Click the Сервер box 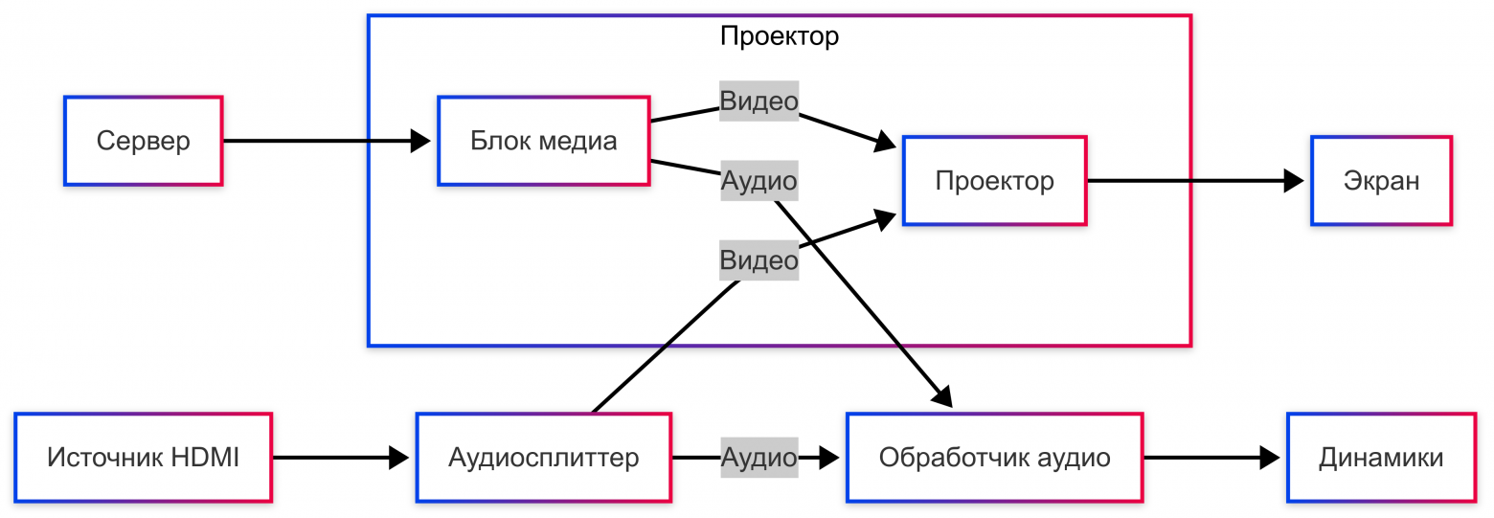click(x=143, y=141)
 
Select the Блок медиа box click(x=543, y=141)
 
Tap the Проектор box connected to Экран click(x=994, y=181)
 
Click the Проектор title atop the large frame click(x=779, y=36)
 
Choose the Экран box click(x=1381, y=181)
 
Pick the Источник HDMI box click(x=143, y=458)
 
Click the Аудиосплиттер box click(x=543, y=458)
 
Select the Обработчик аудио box click(x=994, y=458)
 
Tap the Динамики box click(x=1381, y=458)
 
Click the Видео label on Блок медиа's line click(x=758, y=101)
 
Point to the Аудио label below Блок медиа click(x=758, y=180)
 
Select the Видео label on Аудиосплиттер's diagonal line click(x=758, y=260)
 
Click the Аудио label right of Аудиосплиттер click(x=758, y=458)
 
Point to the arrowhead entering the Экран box click(x=1294, y=181)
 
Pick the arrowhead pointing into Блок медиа click(x=421, y=141)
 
